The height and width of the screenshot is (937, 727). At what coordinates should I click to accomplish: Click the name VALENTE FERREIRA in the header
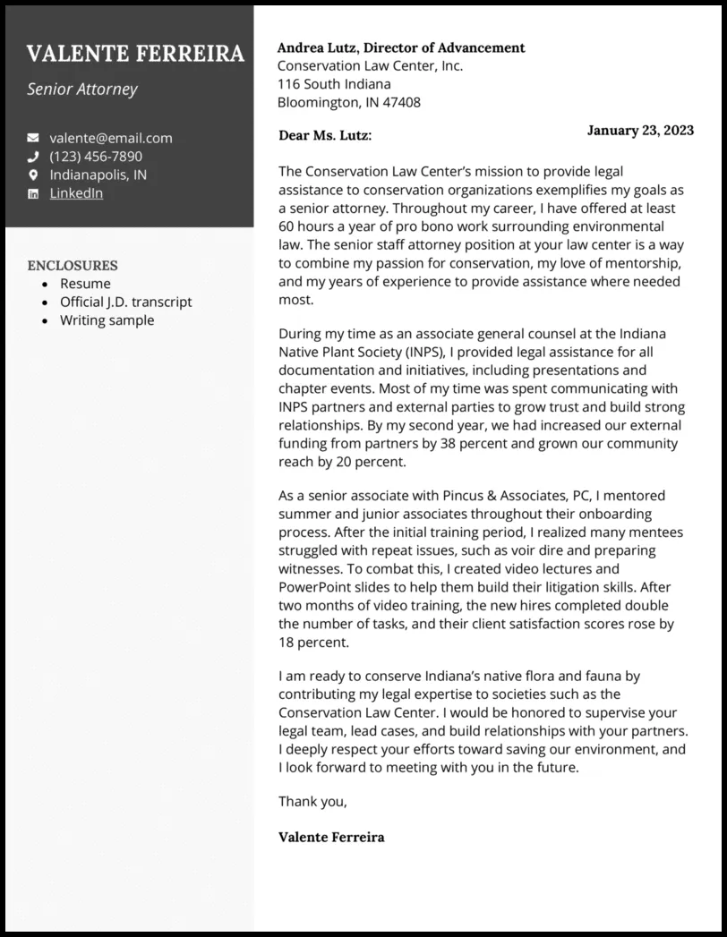click(135, 54)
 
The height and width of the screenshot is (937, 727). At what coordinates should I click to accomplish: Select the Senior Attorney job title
click(82, 89)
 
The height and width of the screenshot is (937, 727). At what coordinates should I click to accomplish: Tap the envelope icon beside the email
click(33, 138)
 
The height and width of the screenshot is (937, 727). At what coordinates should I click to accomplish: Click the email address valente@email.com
click(111, 138)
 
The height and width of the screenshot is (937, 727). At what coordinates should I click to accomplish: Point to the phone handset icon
click(33, 157)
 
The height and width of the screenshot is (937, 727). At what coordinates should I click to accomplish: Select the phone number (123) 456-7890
click(96, 157)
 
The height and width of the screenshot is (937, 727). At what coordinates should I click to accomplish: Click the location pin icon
click(33, 175)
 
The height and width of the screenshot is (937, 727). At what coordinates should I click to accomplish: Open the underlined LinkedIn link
click(76, 193)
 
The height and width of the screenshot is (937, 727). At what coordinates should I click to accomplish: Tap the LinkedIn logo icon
click(33, 193)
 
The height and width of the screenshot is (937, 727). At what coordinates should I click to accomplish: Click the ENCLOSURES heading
click(73, 265)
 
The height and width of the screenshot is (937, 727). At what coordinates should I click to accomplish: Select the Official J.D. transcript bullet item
click(125, 302)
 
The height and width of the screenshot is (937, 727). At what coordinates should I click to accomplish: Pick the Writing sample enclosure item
click(107, 320)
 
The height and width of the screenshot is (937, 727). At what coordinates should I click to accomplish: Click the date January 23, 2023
click(640, 130)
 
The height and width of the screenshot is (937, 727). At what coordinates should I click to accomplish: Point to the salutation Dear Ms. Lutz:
click(325, 135)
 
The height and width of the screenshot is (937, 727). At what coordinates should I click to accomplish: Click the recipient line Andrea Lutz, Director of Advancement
click(401, 47)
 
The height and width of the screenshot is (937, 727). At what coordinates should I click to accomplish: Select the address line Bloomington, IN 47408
click(348, 102)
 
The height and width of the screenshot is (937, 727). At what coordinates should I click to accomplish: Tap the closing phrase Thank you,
click(312, 801)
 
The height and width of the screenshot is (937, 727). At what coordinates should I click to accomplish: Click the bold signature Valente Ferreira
click(331, 837)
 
